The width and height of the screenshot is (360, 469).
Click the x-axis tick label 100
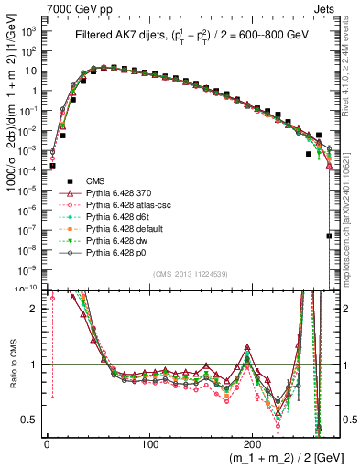point(151,443)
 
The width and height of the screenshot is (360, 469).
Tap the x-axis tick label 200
point(256,443)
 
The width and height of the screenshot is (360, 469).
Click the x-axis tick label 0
point(47,443)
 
